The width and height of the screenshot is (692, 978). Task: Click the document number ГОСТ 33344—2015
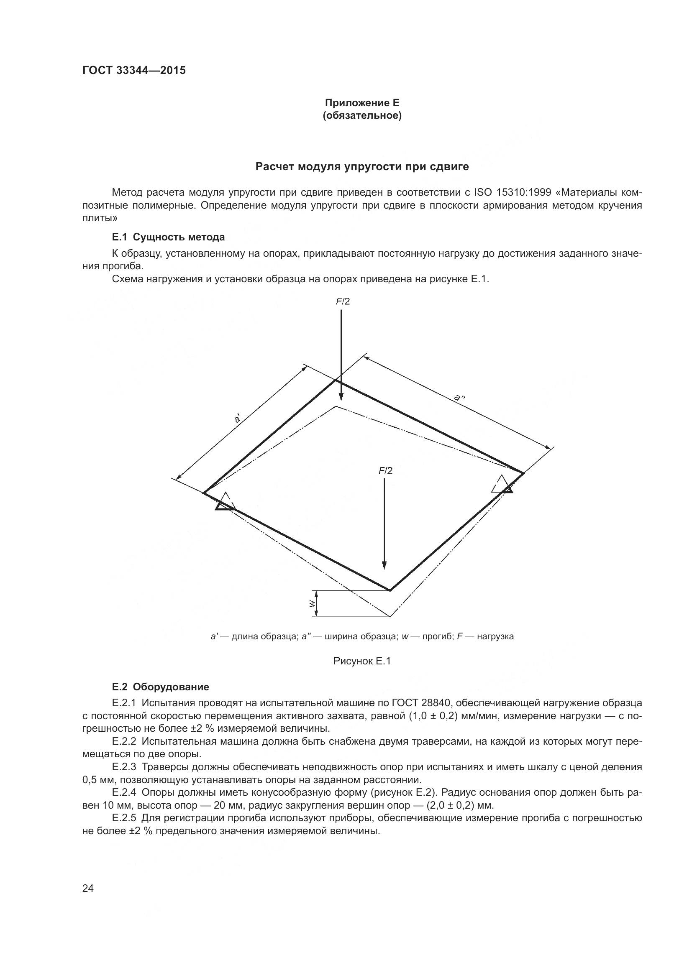tap(134, 71)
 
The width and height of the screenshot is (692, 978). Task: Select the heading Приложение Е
tap(362, 103)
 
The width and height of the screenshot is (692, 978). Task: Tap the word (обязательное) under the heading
tap(362, 116)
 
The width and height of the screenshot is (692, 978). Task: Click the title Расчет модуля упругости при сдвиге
tap(362, 166)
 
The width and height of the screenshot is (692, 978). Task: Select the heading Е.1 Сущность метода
tap(168, 237)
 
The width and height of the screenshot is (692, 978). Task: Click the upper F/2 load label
tap(343, 301)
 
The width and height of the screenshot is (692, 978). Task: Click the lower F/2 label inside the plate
tap(386, 471)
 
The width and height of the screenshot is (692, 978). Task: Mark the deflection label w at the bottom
tap(312, 604)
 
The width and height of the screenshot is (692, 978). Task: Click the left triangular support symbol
tap(226, 503)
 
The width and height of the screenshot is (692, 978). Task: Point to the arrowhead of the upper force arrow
tap(341, 396)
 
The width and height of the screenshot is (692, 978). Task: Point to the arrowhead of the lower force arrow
tap(384, 565)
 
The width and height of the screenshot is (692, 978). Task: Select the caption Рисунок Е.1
tap(362, 661)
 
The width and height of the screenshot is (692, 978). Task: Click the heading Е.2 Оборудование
tap(160, 687)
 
